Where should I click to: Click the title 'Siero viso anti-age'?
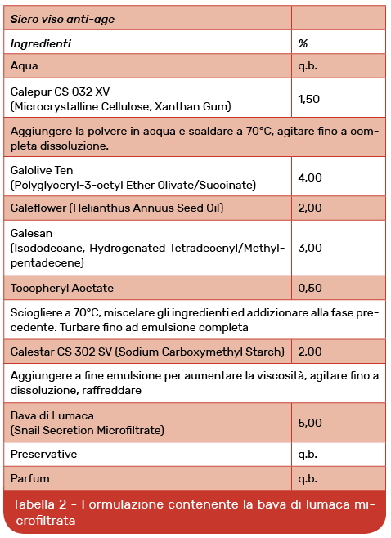coord(62,18)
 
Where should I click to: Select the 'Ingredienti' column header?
coord(41,43)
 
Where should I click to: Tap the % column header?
coord(303,43)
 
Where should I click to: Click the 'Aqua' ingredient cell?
coord(25,65)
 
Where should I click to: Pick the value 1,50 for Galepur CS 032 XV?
coord(309,99)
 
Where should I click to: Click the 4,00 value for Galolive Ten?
coord(310,177)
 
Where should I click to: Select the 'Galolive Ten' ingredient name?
coord(42,169)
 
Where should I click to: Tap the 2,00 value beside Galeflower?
coord(310,208)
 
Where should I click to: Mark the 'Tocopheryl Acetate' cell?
coord(62,288)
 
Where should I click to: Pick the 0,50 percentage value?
coord(310,288)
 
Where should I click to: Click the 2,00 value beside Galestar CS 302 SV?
coord(310,352)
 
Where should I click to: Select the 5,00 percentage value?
coord(310,423)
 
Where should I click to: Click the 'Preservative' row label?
coord(44,453)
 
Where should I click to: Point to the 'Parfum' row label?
coord(29,477)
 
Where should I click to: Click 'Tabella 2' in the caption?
coord(42,505)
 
